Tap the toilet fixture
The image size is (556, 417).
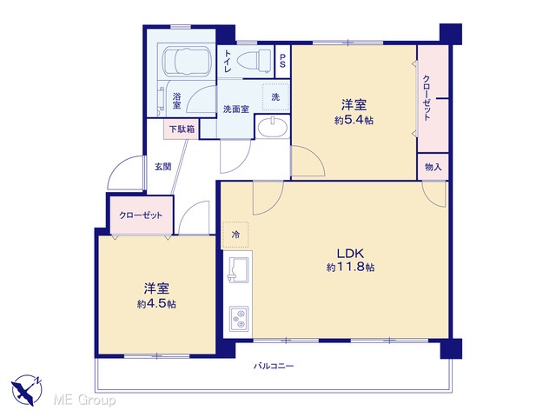click(254, 61)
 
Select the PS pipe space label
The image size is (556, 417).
click(282, 61)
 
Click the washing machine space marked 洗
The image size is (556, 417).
click(275, 96)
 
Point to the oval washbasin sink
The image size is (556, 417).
click(272, 127)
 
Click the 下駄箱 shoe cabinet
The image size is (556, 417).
click(182, 129)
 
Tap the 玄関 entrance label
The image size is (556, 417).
click(163, 166)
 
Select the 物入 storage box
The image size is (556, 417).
click(433, 167)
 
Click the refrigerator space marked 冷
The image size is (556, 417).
click(235, 235)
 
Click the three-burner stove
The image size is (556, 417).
click(239, 319)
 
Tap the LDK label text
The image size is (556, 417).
click(350, 253)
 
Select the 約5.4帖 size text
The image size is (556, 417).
click(354, 121)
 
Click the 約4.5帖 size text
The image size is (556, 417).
click(156, 304)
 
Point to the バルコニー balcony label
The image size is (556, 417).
click(274, 366)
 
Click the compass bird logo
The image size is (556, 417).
click(27, 390)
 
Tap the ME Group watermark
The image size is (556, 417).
click(84, 400)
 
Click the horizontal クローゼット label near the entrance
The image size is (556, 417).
click(141, 215)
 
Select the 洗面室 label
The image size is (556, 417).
click(235, 109)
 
